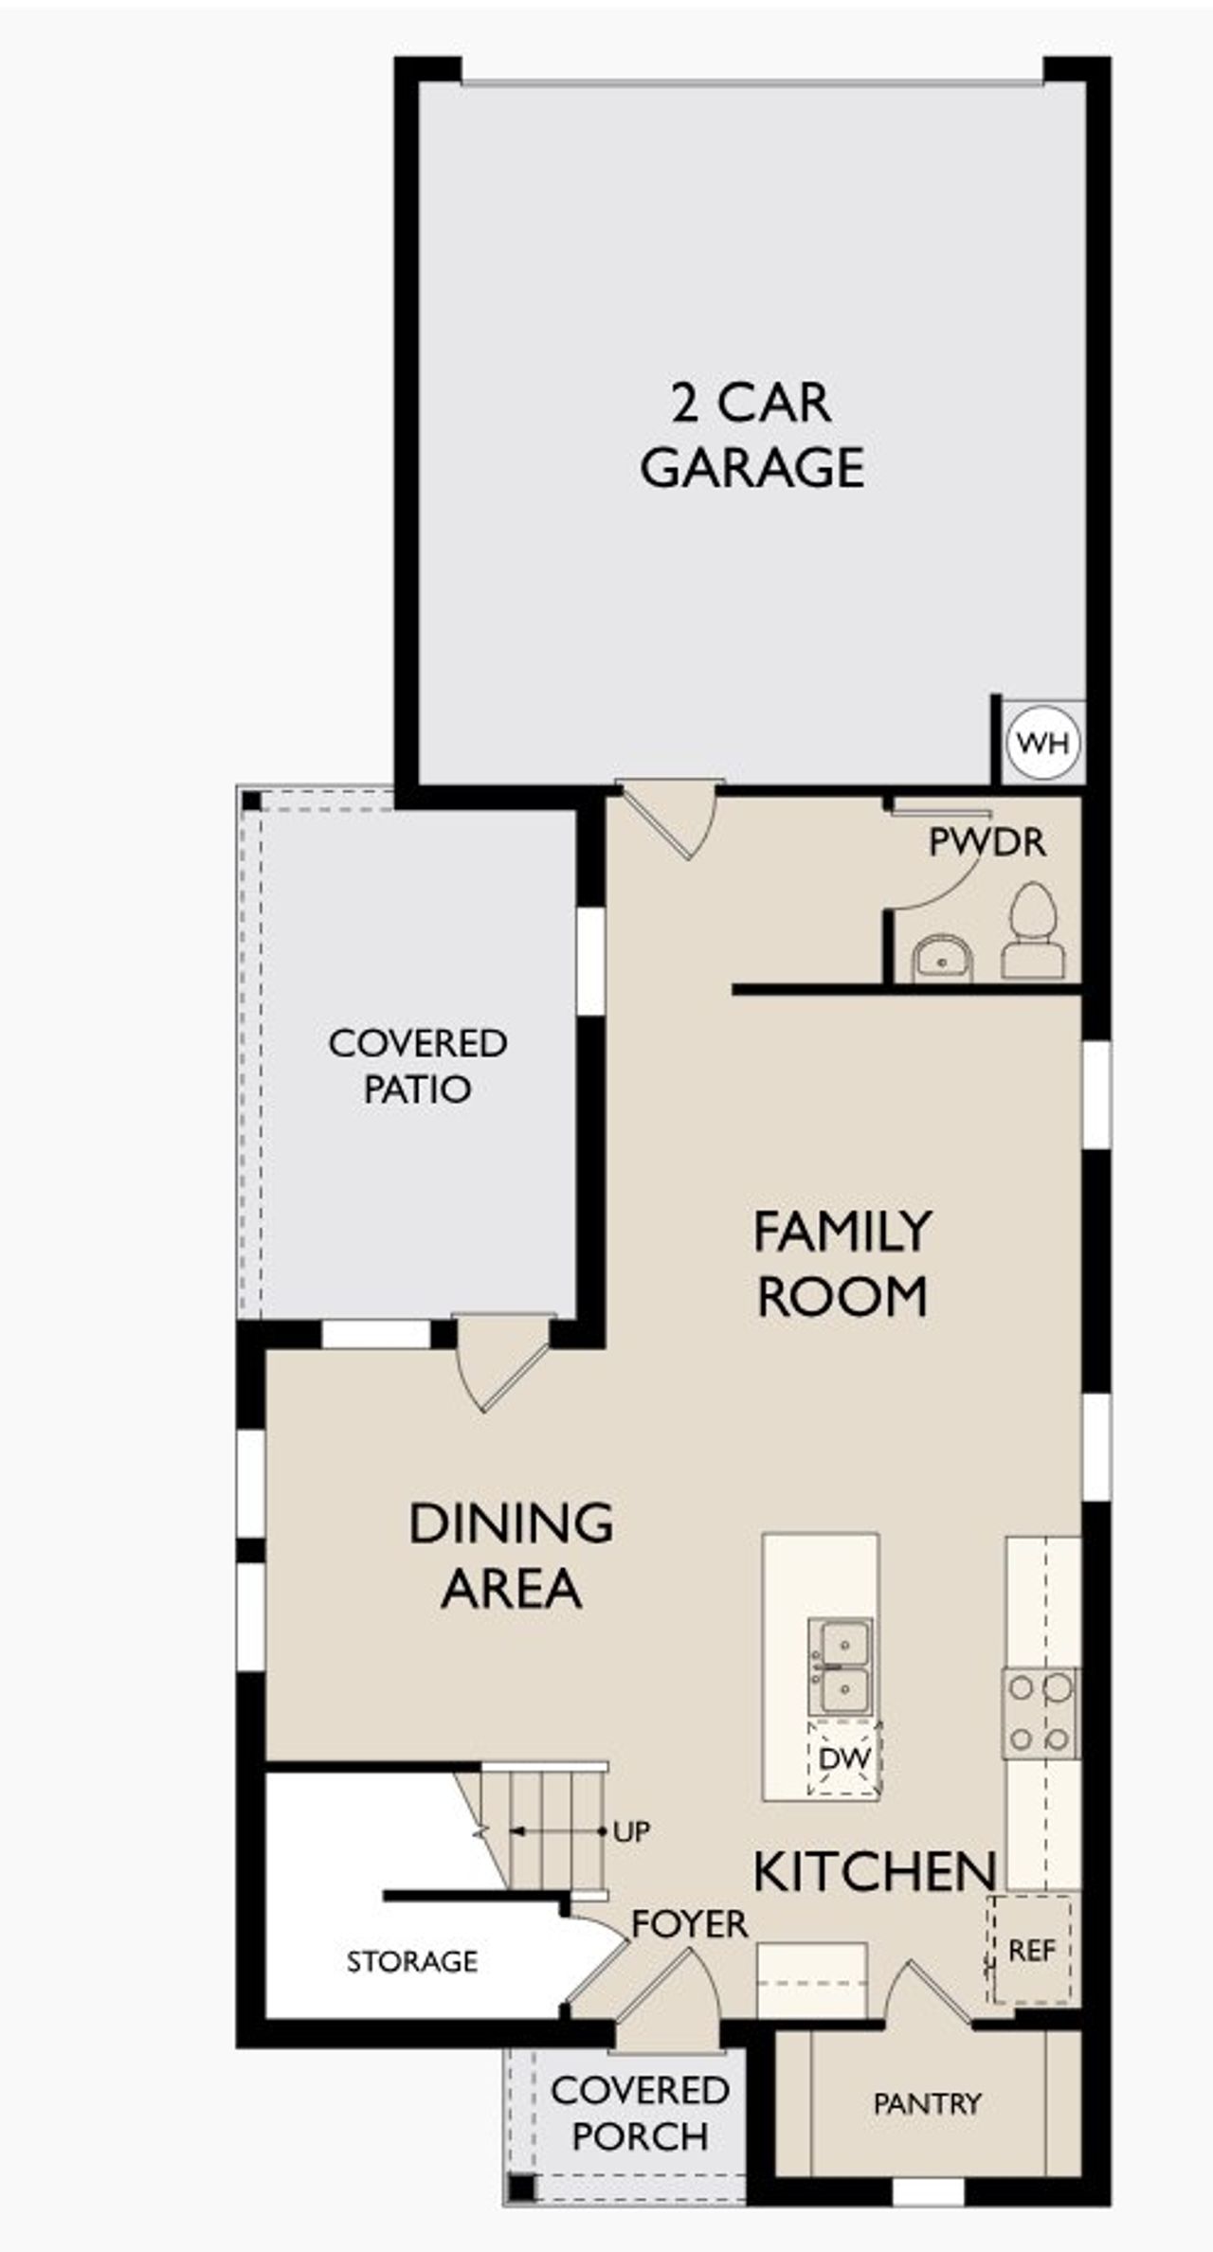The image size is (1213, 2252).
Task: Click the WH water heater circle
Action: coord(1042,743)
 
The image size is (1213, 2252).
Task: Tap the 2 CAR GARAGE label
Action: coord(751,435)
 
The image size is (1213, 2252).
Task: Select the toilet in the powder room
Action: coord(1032,931)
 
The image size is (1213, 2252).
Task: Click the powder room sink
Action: coord(942,960)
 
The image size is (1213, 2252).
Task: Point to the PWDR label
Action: coord(987,842)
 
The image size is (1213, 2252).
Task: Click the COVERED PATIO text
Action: coord(417,1065)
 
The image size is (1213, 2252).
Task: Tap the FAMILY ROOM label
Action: coord(842,1264)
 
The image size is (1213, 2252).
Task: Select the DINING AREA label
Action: coord(511,1556)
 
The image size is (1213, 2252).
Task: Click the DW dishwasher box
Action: coord(843,1758)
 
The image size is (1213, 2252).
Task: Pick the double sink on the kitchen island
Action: coord(840,1665)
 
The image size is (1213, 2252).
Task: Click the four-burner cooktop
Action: coord(1041,1713)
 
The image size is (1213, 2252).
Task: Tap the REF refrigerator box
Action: coord(1031,1950)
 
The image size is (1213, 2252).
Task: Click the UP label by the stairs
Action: coord(631,1831)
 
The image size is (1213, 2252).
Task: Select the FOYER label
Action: coord(689,1924)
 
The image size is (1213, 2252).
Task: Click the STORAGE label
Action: coord(411,1961)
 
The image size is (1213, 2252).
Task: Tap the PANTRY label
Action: coord(926,2103)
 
